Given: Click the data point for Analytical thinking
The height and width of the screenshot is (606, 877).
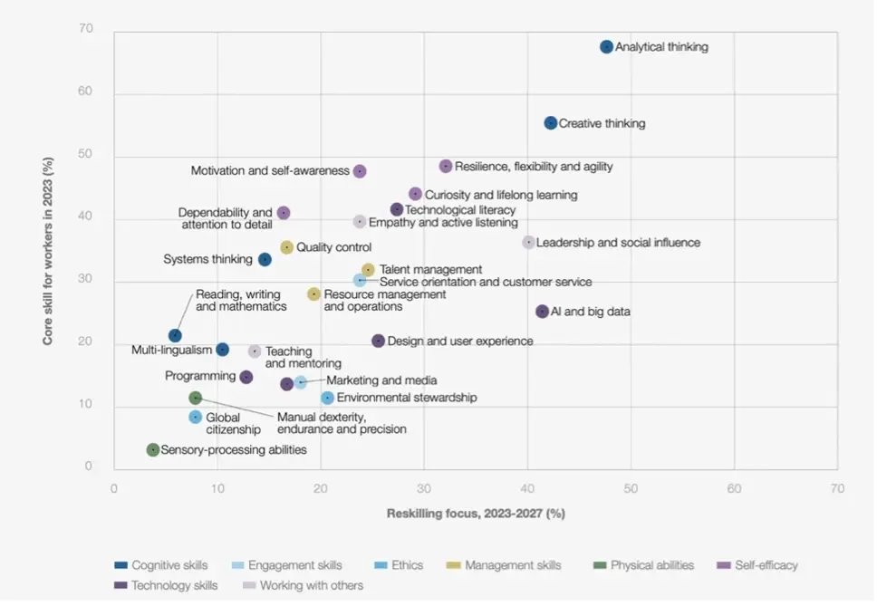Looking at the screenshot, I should pos(606,47).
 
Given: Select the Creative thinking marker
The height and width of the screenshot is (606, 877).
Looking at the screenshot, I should pos(551,123).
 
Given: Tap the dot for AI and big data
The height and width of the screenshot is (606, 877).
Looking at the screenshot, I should pos(542,312).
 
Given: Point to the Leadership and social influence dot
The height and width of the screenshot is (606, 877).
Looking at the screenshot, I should pos(528,243).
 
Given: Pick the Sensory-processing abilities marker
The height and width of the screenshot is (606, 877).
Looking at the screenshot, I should pos(153,450).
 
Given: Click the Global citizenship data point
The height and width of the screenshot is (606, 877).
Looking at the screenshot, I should pos(195,418).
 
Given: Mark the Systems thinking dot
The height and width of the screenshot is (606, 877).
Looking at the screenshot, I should pos(265,260).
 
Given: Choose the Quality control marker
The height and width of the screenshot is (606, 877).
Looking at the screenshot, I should pos(287,247).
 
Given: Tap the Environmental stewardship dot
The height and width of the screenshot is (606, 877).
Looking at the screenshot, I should pos(328,398).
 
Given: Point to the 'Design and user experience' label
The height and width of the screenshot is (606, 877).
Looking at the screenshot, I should pos(460,341).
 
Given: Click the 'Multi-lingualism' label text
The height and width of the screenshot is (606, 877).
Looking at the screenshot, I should pos(171,350).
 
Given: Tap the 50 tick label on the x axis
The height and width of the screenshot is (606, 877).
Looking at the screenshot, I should pos(631,488).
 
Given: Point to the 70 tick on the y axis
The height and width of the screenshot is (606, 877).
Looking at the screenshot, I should pos(86,30).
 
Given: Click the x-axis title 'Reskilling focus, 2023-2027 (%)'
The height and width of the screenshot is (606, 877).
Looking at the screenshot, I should pos(476,514).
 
